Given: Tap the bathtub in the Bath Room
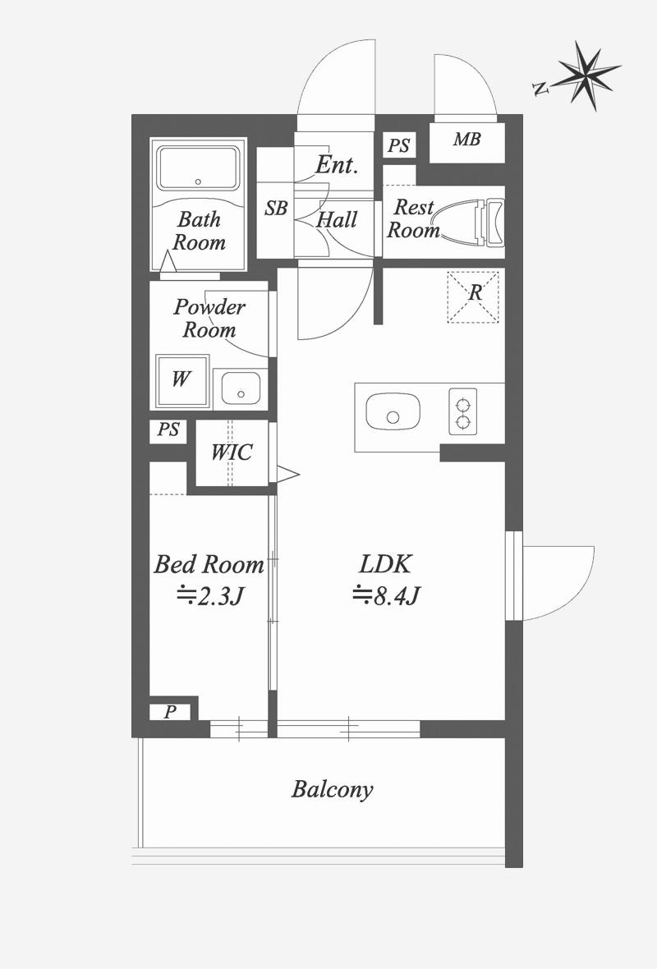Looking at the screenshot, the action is point(198,168).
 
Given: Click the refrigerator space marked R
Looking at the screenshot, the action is point(473,297).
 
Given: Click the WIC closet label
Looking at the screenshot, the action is point(232,452).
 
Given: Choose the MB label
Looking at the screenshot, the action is point(466,140).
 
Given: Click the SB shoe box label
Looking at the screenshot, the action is point(276,209).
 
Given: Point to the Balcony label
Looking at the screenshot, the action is point(333,790).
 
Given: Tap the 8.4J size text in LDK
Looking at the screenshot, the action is point(387,595).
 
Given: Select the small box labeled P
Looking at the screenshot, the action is point(170,712).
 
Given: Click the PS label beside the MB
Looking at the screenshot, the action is point(398,146).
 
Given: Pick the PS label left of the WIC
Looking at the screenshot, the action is point(168,429).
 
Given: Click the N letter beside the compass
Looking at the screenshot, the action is point(540,90).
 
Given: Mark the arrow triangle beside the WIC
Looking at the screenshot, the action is point(287,475).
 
